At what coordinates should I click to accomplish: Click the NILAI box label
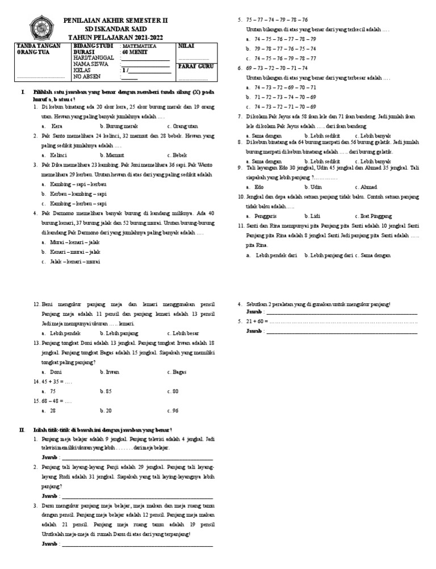click(x=186, y=44)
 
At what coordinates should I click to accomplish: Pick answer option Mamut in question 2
click(x=115, y=154)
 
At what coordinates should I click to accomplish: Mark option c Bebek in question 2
click(x=180, y=154)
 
